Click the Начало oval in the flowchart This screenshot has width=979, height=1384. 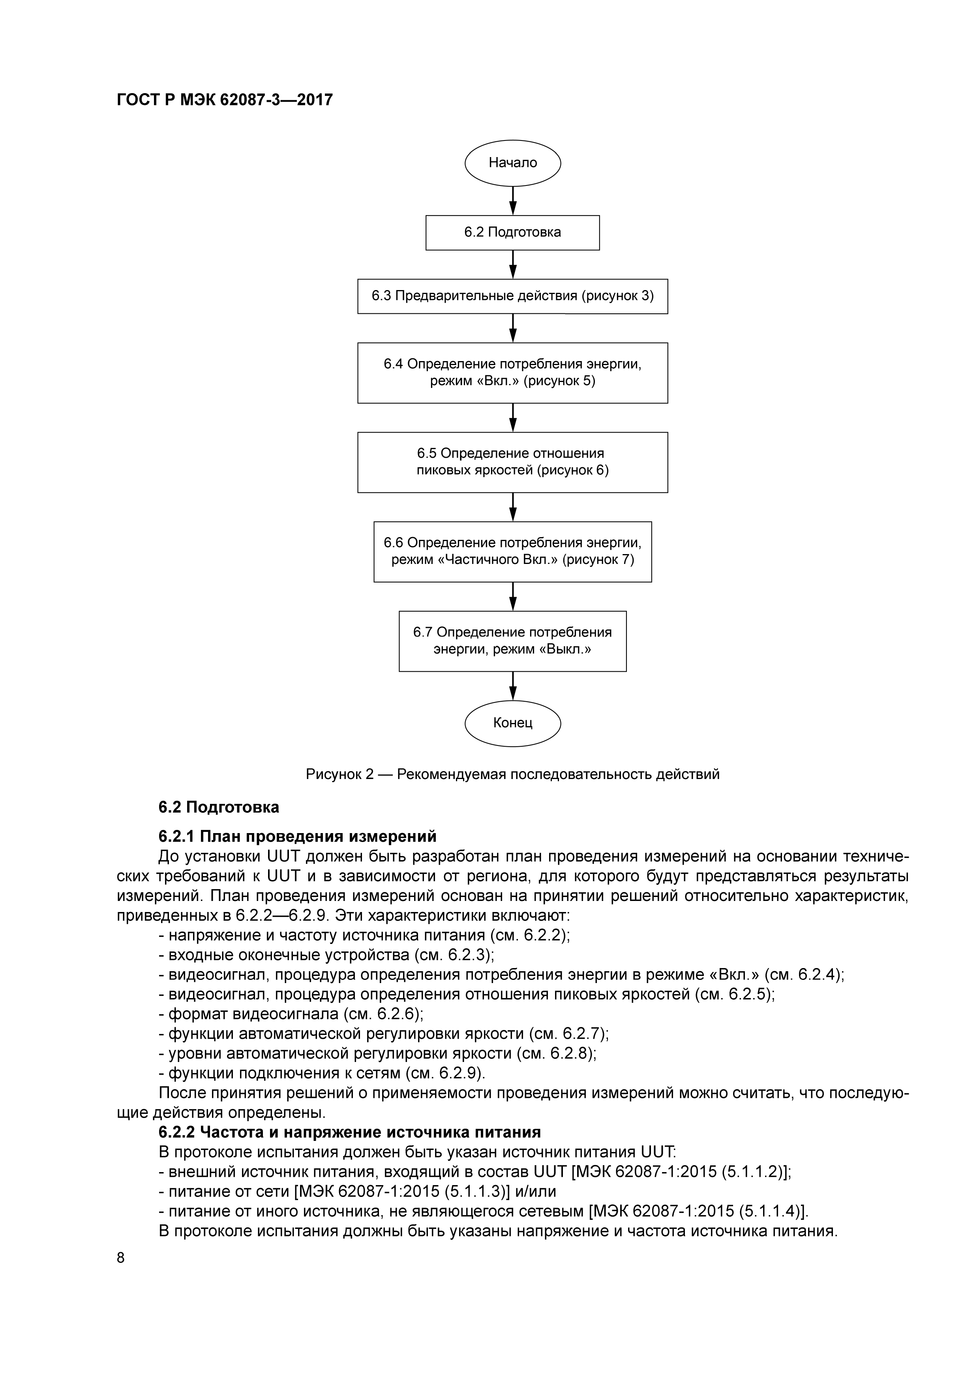pyautogui.click(x=512, y=163)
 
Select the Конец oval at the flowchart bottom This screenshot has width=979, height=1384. pyautogui.click(x=512, y=723)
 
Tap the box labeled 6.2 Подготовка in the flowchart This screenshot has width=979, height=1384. pyautogui.click(x=512, y=233)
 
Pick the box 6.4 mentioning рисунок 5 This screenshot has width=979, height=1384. pyautogui.click(x=512, y=373)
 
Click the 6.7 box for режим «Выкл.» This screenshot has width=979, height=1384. pyautogui.click(x=512, y=641)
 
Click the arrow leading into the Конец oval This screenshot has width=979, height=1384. pyautogui.click(x=512, y=686)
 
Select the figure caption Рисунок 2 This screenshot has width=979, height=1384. pyautogui.click(x=512, y=774)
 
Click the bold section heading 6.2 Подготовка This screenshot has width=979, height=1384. pyautogui.click(x=219, y=807)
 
